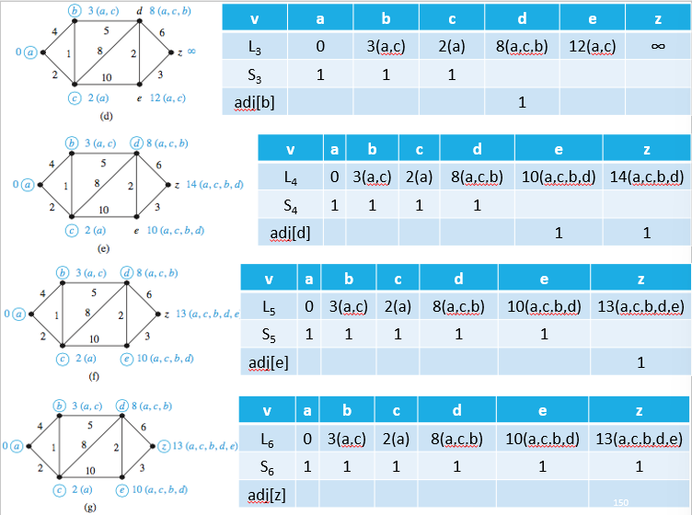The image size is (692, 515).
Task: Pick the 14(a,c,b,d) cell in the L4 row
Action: tap(646, 177)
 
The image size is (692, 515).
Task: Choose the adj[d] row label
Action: tap(290, 233)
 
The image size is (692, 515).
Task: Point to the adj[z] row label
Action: tap(268, 496)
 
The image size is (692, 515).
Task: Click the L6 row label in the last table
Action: tap(268, 439)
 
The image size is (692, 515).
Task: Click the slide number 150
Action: tap(619, 502)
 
